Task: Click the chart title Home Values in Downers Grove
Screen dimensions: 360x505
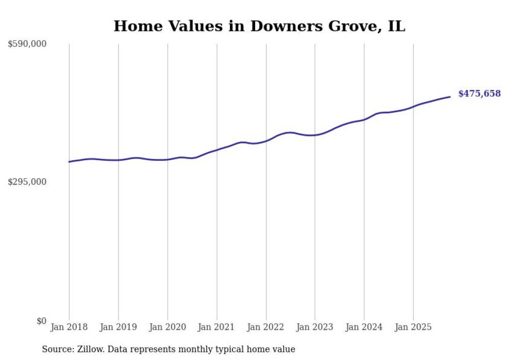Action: (259, 26)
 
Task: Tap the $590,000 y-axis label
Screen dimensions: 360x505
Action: (27, 44)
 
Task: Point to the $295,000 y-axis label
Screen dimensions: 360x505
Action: (27, 182)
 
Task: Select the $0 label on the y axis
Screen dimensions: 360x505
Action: (41, 321)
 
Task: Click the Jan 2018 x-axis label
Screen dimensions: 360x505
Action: (69, 327)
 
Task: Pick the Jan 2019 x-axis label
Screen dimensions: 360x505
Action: (119, 327)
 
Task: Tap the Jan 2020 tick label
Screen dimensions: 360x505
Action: (167, 327)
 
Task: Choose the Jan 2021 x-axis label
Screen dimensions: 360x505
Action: (216, 327)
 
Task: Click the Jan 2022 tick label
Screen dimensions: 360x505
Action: (266, 327)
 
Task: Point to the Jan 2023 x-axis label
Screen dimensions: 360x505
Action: (315, 327)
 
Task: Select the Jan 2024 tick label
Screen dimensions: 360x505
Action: (364, 327)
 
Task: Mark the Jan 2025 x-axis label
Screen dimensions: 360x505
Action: (413, 327)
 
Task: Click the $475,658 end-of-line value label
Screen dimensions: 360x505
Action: (479, 94)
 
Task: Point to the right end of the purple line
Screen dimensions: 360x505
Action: (450, 97)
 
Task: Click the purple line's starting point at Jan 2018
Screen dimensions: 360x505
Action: (69, 162)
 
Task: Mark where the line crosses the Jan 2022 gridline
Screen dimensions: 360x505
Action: (266, 141)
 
